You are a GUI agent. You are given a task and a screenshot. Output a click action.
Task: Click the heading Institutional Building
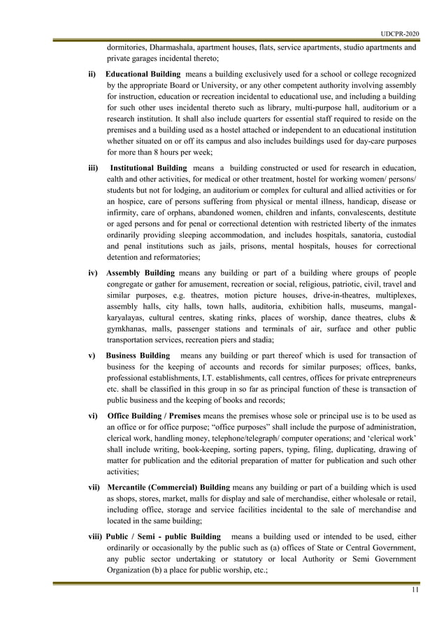[x=149, y=168]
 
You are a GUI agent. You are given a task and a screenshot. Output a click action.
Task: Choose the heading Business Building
[x=138, y=356]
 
